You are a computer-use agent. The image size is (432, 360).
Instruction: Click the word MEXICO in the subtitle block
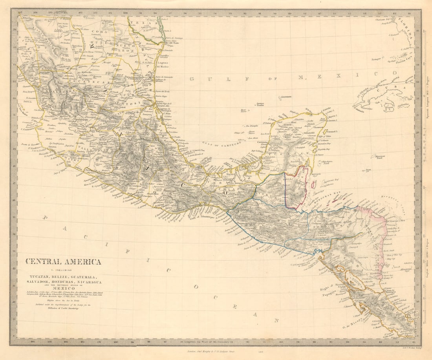(64, 289)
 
